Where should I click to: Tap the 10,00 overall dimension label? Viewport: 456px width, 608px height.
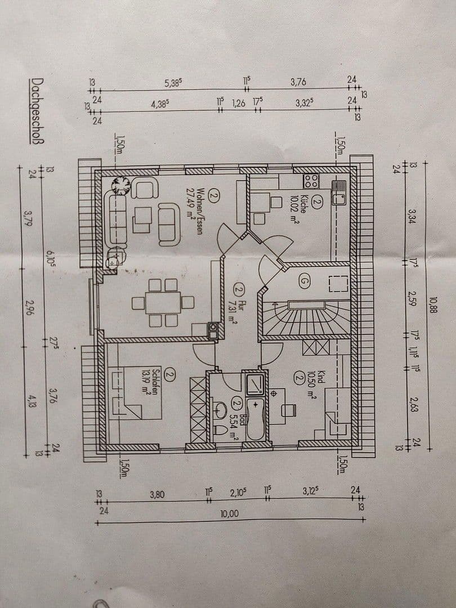[230, 513]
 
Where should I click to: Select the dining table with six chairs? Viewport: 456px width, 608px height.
[163, 303]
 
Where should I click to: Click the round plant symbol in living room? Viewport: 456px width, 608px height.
[120, 186]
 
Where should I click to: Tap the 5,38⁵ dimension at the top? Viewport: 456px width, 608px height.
[173, 83]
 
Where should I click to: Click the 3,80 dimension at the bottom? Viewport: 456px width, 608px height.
[158, 494]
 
